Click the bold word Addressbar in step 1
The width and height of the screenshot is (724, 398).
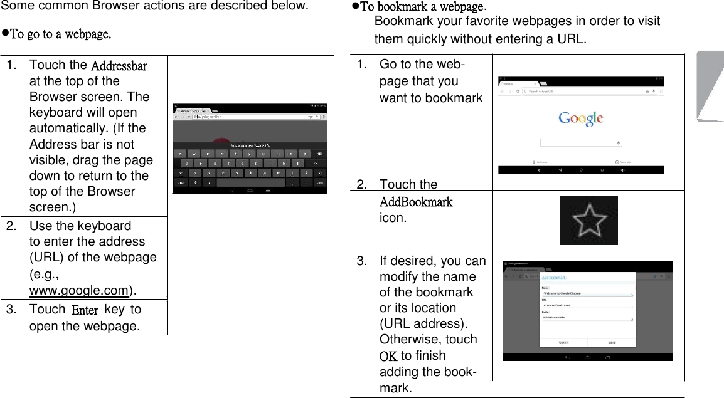(119, 66)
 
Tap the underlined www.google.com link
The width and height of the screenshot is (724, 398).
(79, 290)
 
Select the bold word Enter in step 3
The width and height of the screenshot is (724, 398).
(85, 310)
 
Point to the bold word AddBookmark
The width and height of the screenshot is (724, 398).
(416, 202)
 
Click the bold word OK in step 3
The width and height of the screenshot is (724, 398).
(388, 356)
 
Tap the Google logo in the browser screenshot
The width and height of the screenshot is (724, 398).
(581, 118)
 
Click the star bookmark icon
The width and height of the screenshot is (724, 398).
(588, 221)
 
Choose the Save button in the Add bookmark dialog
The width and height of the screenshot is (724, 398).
(612, 343)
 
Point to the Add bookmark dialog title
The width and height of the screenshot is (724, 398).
(553, 278)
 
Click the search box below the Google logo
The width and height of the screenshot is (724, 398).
(581, 142)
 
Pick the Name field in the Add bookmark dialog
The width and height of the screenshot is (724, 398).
(587, 293)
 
